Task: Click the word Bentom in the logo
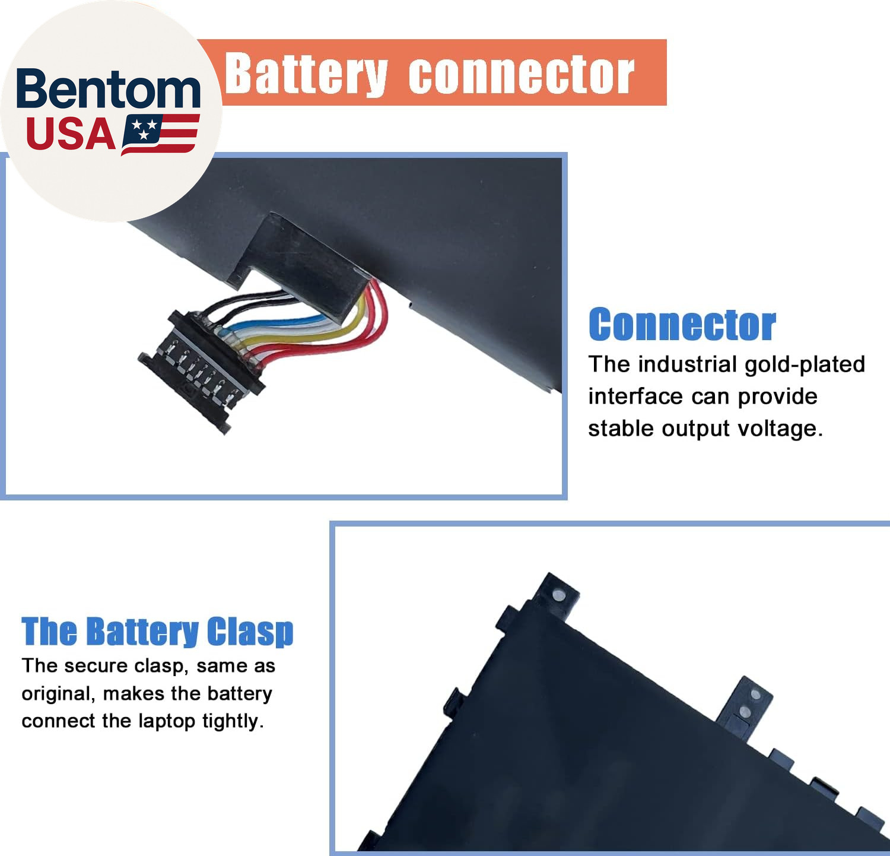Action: pyautogui.click(x=108, y=89)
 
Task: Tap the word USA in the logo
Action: pyautogui.click(x=71, y=134)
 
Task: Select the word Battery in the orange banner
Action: pyautogui.click(x=306, y=74)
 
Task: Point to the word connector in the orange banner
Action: pyautogui.click(x=521, y=75)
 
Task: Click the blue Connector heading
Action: pyautogui.click(x=682, y=325)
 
